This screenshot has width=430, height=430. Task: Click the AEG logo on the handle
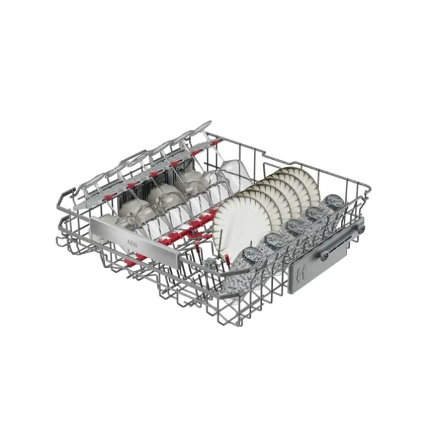pos(132,242)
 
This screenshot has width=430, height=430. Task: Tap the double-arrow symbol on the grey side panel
pos(300,273)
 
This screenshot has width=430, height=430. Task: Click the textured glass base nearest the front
pos(252,255)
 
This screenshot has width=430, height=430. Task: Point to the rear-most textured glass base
pos(334,201)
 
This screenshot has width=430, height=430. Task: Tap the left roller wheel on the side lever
pos(325,256)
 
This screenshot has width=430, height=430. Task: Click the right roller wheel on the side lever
pos(361,228)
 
